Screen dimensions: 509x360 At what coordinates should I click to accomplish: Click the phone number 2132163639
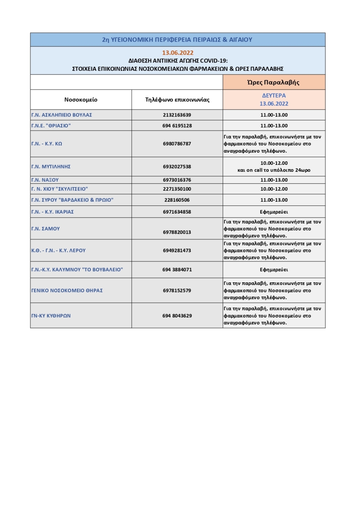pyautogui.click(x=177, y=115)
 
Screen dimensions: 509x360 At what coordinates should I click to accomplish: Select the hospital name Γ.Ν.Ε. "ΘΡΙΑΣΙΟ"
pyautogui.click(x=51, y=126)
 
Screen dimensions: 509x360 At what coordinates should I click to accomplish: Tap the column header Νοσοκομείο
pyautogui.click(x=81, y=99)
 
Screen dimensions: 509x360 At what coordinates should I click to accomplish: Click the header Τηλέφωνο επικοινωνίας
pyautogui.click(x=177, y=99)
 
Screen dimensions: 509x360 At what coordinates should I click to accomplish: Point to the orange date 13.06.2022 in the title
pyautogui.click(x=178, y=53)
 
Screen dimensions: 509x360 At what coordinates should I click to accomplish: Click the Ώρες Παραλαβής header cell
pyautogui.click(x=274, y=82)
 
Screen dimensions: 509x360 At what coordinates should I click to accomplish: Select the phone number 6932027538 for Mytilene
pyautogui.click(x=177, y=167)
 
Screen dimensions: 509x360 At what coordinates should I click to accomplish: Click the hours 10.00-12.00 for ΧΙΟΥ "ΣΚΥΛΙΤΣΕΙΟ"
pyautogui.click(x=274, y=189)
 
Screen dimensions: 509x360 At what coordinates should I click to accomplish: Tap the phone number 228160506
pyautogui.click(x=177, y=200)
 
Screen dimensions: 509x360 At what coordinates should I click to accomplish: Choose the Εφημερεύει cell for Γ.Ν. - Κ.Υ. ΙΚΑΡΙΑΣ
pyautogui.click(x=274, y=212)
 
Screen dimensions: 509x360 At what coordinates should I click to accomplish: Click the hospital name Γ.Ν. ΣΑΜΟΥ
pyautogui.click(x=45, y=229)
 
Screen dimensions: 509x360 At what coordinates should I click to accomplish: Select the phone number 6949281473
pyautogui.click(x=177, y=250)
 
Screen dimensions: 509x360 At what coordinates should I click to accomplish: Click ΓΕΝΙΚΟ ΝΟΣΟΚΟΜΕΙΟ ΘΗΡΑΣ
pyautogui.click(x=67, y=291)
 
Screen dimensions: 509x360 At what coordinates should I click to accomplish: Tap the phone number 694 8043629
pyautogui.click(x=177, y=315)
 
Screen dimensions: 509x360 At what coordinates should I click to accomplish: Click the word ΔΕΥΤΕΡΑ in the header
pyautogui.click(x=274, y=95)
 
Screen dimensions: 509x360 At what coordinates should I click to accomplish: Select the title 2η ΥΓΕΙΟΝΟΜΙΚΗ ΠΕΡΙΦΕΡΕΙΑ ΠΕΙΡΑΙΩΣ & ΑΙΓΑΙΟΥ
pyautogui.click(x=178, y=40)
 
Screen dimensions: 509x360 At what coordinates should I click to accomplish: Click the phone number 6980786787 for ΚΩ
pyautogui.click(x=177, y=144)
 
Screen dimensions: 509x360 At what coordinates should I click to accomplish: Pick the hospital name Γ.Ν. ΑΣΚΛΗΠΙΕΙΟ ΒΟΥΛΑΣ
pyautogui.click(x=62, y=115)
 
